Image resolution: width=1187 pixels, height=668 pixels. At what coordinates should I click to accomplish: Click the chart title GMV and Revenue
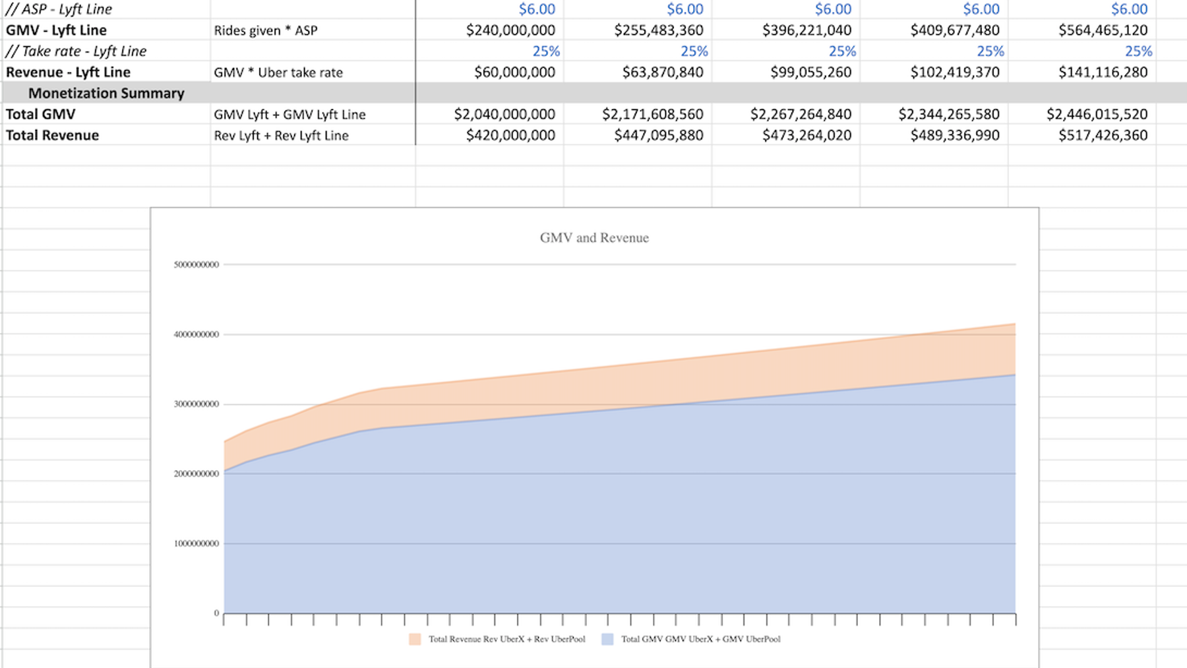[x=594, y=238]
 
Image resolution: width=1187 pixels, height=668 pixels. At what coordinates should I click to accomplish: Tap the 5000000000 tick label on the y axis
[x=197, y=264]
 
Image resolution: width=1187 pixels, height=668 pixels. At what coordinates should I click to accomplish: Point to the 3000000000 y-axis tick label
[x=197, y=404]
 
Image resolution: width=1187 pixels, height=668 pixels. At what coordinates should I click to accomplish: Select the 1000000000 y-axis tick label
[x=197, y=544]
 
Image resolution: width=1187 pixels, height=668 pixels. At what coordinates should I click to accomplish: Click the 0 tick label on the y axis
[x=216, y=613]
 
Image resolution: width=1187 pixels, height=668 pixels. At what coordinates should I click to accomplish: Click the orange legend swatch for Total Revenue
[x=415, y=639]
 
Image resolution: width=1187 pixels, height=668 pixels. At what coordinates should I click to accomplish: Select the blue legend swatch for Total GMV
[x=607, y=639]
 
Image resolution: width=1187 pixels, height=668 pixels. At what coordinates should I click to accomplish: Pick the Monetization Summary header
[x=106, y=93]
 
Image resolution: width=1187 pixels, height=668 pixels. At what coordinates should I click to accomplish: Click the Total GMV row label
[x=41, y=114]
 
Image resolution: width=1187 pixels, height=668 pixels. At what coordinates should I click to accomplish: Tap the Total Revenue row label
[x=53, y=135]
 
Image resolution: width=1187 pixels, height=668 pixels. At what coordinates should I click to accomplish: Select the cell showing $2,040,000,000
[x=504, y=114]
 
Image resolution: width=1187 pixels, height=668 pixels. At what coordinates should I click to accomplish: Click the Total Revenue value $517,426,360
[x=1103, y=135]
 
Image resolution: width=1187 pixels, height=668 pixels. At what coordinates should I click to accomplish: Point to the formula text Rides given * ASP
[x=266, y=30]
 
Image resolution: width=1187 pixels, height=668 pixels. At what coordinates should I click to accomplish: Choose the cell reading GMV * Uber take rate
[x=278, y=73]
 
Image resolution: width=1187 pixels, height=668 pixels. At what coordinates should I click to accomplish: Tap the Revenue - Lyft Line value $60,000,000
[x=514, y=73]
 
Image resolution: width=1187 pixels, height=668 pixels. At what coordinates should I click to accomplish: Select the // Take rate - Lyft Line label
[x=76, y=51]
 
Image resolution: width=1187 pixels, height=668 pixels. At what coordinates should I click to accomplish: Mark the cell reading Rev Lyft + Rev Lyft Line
[x=281, y=135]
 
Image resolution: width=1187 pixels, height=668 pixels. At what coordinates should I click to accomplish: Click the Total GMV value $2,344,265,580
[x=948, y=114]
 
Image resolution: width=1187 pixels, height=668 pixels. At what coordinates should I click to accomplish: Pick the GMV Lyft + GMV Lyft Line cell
[x=289, y=114]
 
